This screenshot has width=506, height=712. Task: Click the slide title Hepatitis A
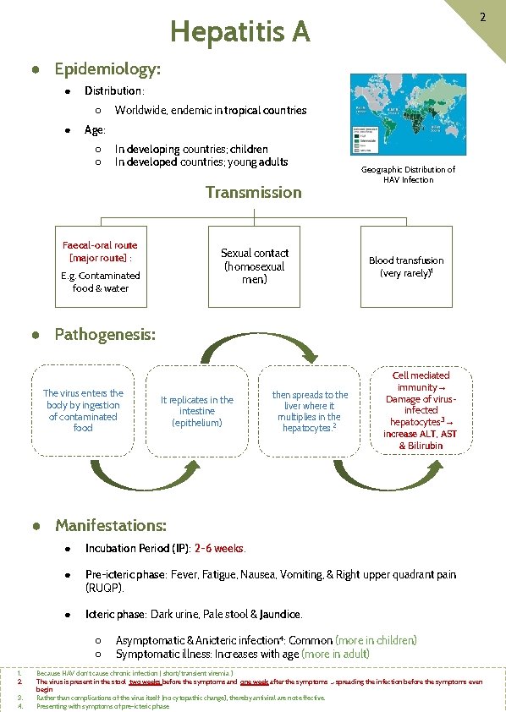click(x=240, y=32)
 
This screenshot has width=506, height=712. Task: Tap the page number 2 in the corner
click(x=481, y=17)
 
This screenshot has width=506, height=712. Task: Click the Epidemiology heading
click(x=107, y=68)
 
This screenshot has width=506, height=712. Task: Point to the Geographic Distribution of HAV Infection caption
click(x=408, y=174)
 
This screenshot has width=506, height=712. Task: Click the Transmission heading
click(x=253, y=192)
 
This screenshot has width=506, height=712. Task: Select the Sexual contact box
click(x=254, y=266)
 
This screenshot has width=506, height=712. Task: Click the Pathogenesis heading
click(x=105, y=334)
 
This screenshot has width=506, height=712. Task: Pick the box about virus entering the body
click(x=83, y=410)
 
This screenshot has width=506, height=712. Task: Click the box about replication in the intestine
click(x=197, y=411)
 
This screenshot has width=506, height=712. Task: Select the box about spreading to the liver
click(x=310, y=411)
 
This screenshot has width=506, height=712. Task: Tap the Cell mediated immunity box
click(x=421, y=410)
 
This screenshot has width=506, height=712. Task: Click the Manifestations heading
click(x=111, y=525)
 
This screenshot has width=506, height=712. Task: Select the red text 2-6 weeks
click(x=220, y=548)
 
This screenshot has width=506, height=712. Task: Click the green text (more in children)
click(x=376, y=640)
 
